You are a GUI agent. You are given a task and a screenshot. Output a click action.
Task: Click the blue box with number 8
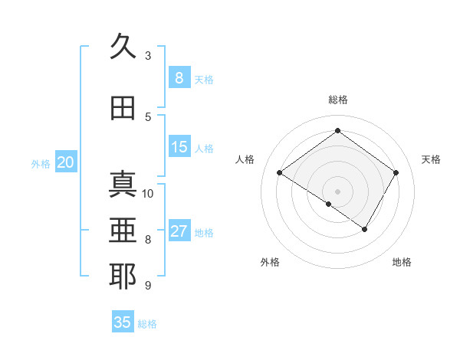tap(179, 77)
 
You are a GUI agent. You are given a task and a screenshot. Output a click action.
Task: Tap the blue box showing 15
tap(179, 147)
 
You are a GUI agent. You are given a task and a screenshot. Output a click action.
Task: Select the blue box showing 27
tap(179, 231)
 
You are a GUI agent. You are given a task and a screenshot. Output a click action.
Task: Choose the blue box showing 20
tap(66, 162)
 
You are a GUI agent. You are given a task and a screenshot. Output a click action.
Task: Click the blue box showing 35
tap(123, 322)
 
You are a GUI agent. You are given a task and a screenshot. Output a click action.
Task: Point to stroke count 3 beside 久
tap(148, 55)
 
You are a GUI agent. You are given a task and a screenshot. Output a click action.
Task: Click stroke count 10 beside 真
tap(149, 193)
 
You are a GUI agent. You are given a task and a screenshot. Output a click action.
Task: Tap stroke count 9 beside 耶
tap(148, 286)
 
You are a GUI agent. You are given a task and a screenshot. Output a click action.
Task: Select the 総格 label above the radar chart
tap(337, 100)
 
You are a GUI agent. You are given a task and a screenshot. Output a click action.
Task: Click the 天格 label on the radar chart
tap(431, 159)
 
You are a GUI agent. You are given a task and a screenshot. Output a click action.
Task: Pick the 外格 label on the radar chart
tap(270, 262)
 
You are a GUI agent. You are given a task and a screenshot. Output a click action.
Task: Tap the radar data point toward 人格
tap(280, 173)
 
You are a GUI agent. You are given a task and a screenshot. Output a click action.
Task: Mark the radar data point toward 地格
tap(365, 229)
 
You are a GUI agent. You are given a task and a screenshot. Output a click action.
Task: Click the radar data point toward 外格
tap(328, 204)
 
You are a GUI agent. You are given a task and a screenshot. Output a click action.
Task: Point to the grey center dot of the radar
tap(337, 191)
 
